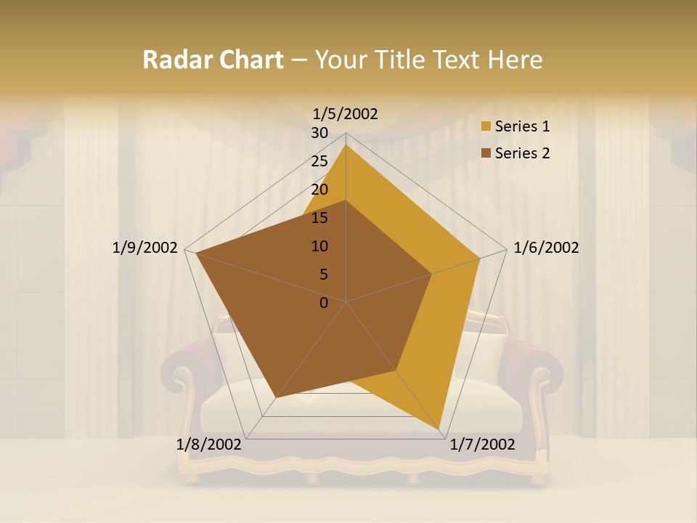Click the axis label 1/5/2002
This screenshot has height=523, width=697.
coord(345,113)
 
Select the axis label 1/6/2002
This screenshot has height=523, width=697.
coord(546,248)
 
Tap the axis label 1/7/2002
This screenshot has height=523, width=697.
coord(482,445)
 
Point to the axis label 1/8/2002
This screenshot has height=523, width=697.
coord(209,445)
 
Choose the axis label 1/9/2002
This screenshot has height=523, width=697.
coord(145,248)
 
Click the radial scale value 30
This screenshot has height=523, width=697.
coord(319,133)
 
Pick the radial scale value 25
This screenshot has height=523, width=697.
coord(319,161)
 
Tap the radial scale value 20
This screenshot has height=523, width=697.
coord(319,190)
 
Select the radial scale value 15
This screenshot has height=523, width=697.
coord(319,218)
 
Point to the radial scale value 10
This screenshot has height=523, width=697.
coord(319,246)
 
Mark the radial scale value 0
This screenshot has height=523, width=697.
coord(324,303)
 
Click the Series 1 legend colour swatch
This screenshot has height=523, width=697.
coord(486,126)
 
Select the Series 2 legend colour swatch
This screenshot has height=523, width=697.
coord(486,153)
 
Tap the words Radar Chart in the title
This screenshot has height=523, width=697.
coord(213,60)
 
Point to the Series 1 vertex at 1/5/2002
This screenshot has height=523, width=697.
coord(346,145)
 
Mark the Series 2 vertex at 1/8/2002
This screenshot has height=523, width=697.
coord(276,397)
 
